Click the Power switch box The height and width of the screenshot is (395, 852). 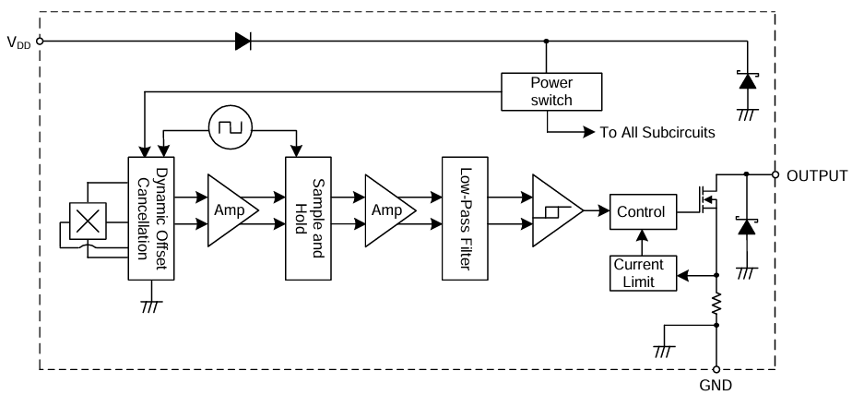(550, 90)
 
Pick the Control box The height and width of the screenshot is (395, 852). (640, 211)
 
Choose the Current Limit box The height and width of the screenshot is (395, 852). (644, 273)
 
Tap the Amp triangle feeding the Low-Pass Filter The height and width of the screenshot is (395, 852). (386, 210)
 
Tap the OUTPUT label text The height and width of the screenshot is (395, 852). (817, 175)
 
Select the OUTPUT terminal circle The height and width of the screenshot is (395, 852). (776, 174)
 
